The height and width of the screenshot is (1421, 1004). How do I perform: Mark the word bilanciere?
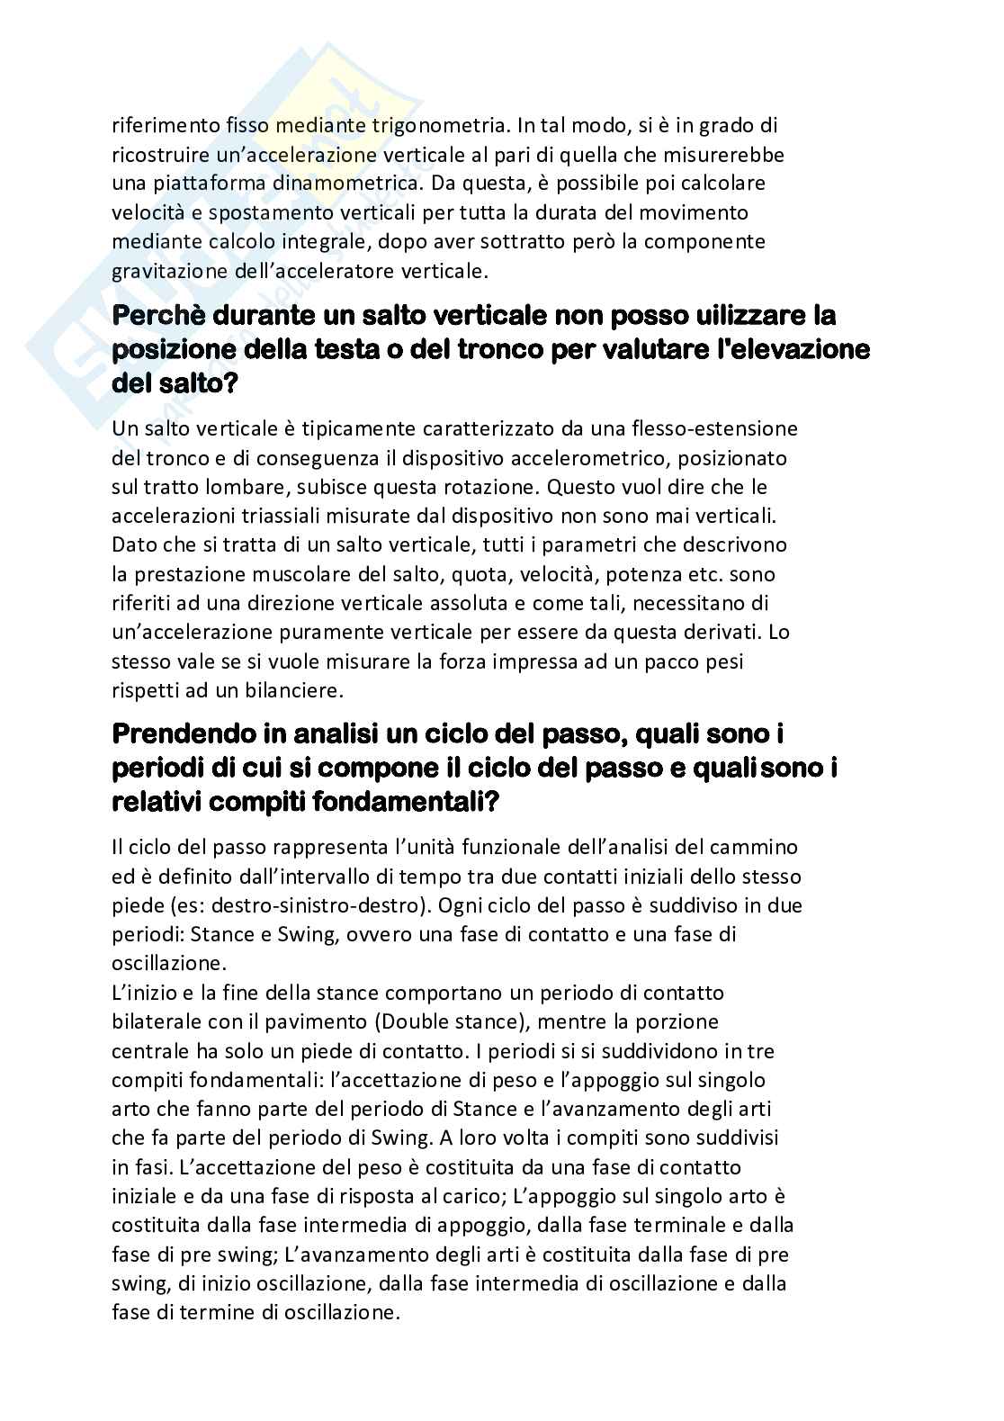tap(296, 689)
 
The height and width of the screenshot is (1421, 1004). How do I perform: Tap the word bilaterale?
tap(154, 1021)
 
